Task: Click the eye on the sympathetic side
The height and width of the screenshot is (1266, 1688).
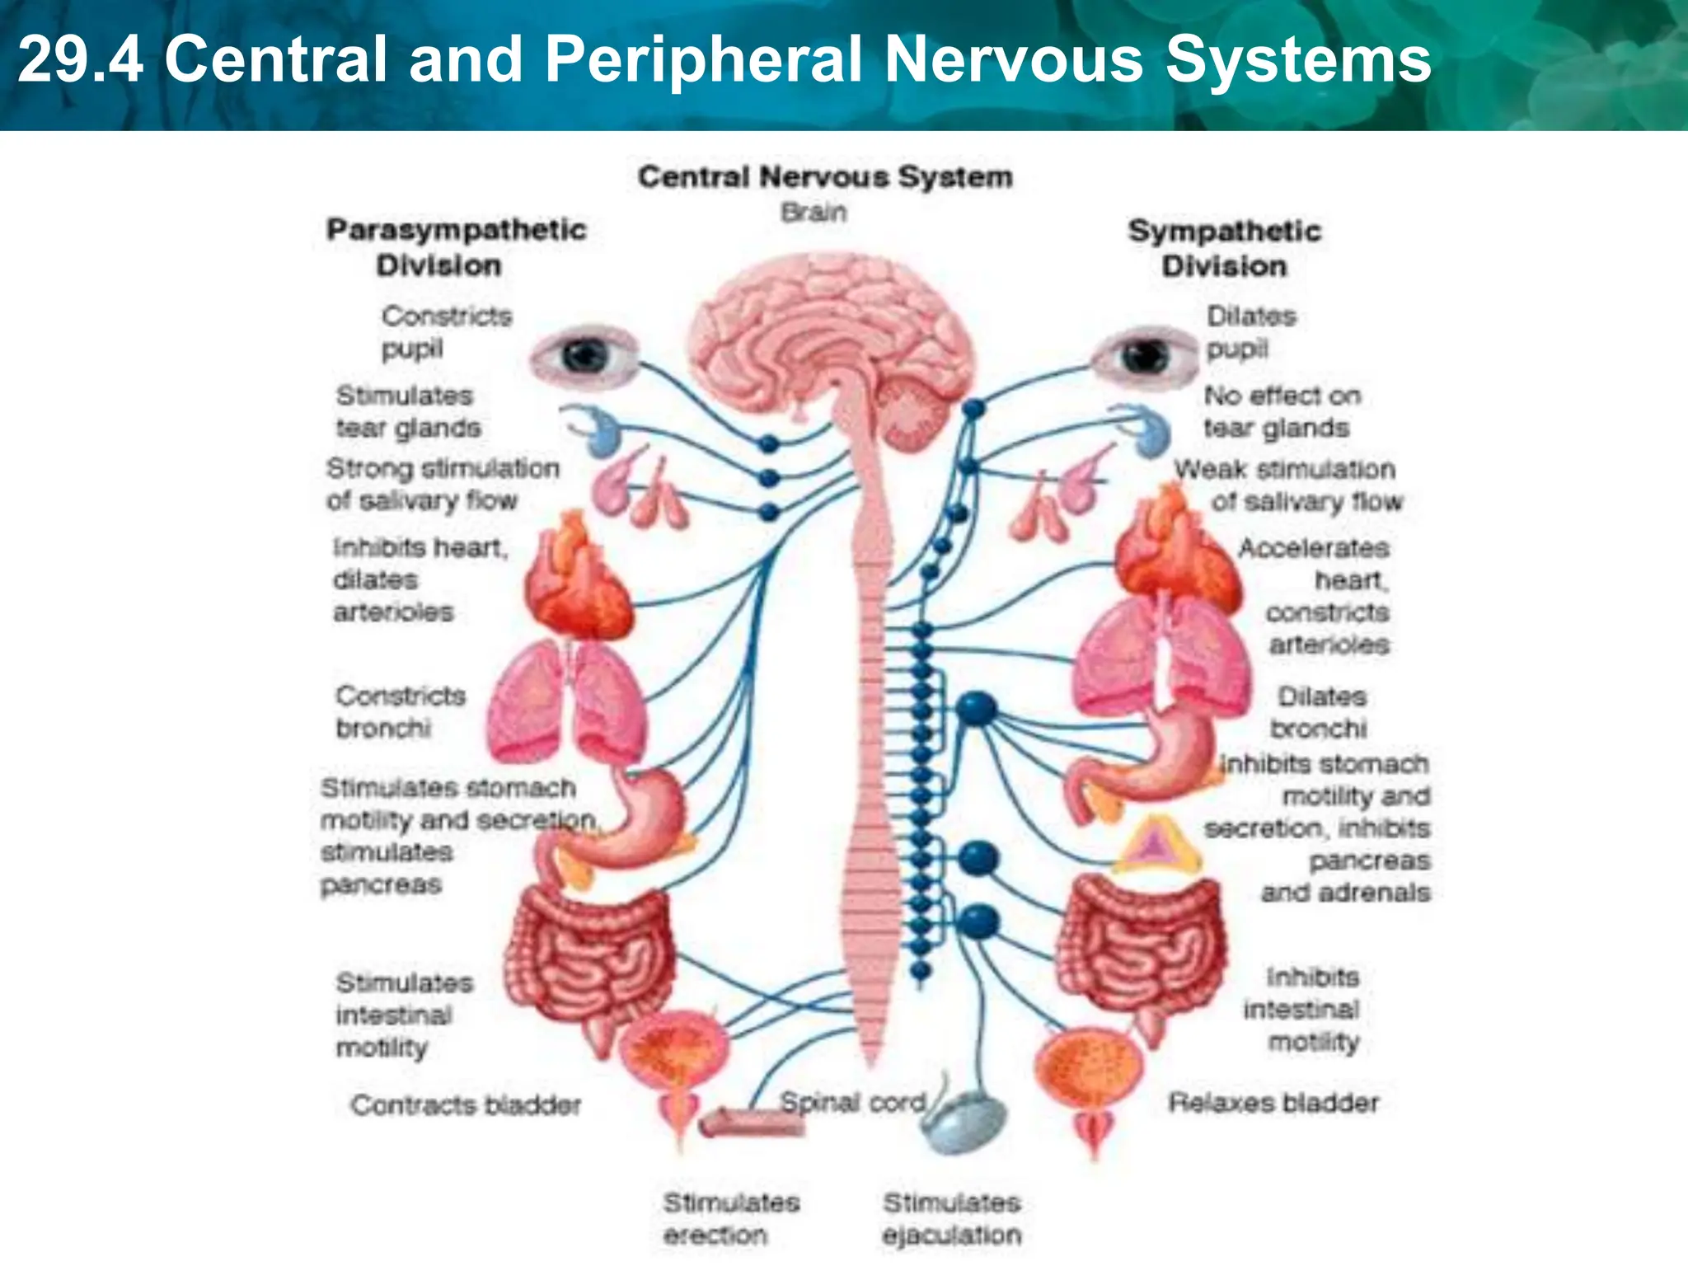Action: [1144, 356]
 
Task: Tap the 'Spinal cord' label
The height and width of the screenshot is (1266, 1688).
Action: [853, 1102]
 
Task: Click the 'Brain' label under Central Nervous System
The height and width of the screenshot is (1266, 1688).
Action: [814, 213]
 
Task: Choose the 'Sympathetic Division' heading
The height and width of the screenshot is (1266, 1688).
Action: [1224, 248]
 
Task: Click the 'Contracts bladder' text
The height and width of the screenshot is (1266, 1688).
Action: [466, 1104]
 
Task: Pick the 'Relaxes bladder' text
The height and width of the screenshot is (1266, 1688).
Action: [1273, 1103]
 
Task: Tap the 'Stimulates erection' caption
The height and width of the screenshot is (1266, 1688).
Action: [731, 1218]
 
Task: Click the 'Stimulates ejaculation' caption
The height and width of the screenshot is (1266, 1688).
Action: [952, 1218]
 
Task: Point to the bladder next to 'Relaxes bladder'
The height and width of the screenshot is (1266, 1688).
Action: [1090, 1071]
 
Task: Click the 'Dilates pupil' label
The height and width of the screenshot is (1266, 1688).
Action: [1250, 332]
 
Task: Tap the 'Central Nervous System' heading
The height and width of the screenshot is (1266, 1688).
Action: [825, 176]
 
